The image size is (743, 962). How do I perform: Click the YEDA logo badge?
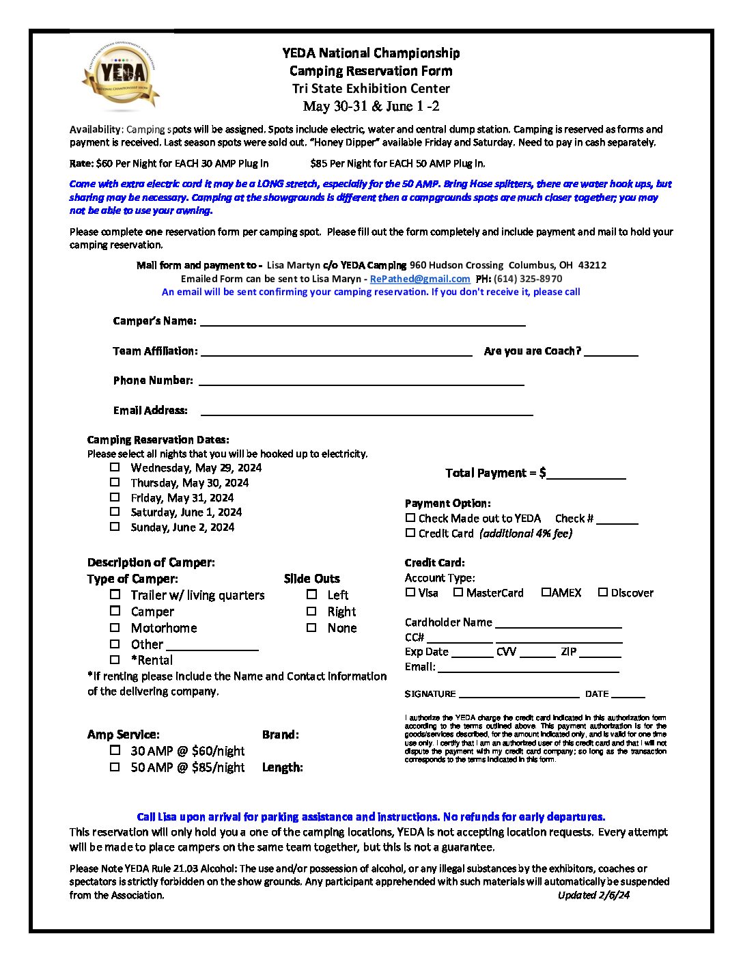(121, 76)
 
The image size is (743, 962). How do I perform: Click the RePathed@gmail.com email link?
(420, 279)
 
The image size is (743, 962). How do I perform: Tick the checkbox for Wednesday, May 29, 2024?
(115, 467)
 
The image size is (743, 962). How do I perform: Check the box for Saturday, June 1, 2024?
(115, 512)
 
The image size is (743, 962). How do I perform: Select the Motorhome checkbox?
(115, 627)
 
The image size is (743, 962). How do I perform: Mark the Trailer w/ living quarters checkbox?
(115, 594)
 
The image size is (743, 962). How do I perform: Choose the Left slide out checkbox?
(311, 594)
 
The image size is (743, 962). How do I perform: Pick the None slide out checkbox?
(311, 627)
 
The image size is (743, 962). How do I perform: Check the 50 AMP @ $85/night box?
(115, 767)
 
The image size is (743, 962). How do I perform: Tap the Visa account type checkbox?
(410, 592)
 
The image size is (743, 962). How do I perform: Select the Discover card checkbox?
(603, 592)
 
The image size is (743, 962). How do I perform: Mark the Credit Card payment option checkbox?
(410, 533)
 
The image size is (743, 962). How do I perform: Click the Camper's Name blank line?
(362, 322)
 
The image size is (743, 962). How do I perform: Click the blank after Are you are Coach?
(611, 352)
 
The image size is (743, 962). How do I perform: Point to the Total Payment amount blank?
(586, 475)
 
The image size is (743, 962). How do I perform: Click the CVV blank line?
(537, 654)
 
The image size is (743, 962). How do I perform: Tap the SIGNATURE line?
(518, 694)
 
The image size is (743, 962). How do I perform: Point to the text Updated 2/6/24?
(593, 895)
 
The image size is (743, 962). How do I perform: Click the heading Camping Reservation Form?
(371, 71)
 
